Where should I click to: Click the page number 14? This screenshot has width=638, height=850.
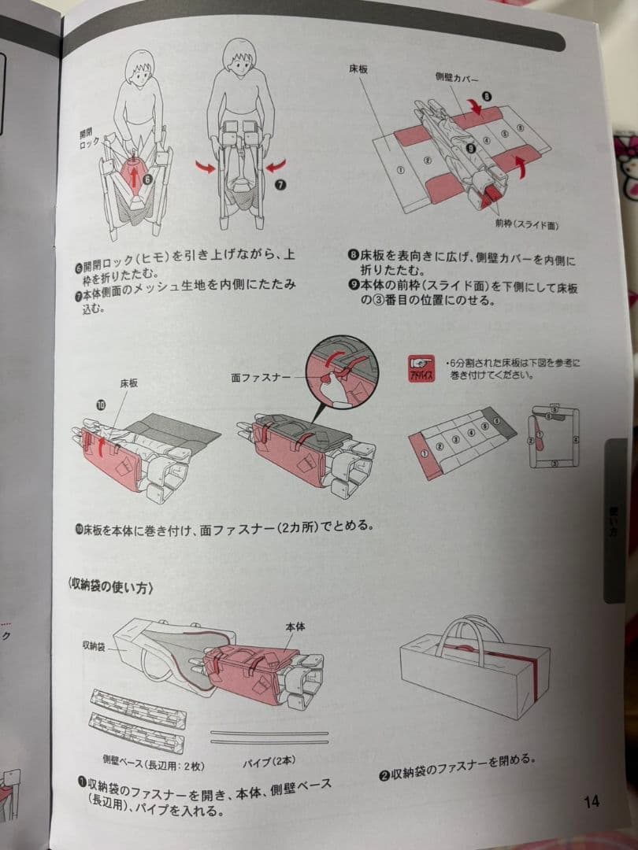(592, 802)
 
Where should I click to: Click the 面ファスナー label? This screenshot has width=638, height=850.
(262, 378)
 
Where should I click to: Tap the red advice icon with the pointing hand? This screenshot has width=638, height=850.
(419, 368)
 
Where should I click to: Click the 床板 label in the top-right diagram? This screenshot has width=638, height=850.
(359, 69)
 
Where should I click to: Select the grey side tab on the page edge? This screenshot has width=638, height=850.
(615, 520)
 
